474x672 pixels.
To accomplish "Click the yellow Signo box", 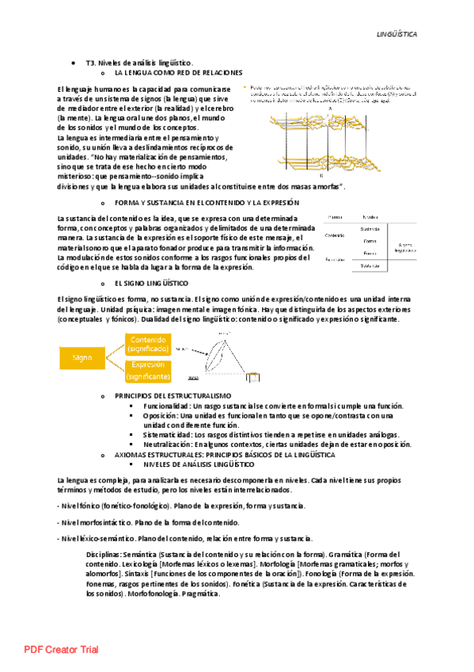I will point(82,357).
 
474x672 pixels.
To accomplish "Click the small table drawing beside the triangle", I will point(254,376).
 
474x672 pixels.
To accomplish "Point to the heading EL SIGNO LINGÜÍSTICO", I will point(153,283).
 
